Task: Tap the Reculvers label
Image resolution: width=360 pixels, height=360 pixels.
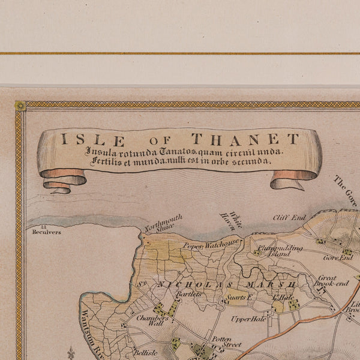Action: (46, 232)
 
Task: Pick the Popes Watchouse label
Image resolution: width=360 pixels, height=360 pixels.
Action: (211, 244)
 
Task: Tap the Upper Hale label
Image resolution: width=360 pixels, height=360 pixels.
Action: (248, 319)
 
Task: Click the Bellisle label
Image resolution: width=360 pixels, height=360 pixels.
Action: (145, 353)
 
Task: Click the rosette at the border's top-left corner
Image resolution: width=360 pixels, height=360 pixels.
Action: (20, 106)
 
